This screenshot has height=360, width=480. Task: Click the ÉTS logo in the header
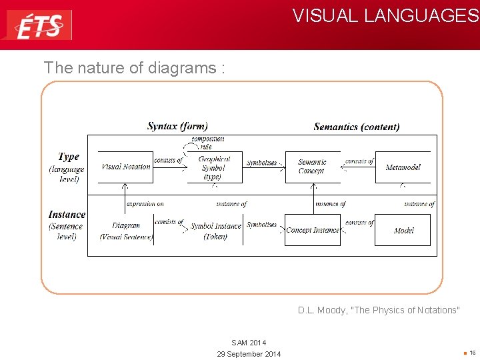click(x=39, y=25)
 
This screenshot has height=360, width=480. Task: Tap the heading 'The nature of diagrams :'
click(x=129, y=67)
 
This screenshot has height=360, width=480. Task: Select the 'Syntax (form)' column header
click(x=177, y=126)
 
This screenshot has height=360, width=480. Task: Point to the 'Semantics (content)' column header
click(x=357, y=127)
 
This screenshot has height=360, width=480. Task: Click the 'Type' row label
click(x=68, y=157)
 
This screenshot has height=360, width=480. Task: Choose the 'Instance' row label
click(x=67, y=215)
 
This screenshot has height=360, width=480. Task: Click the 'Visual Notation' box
click(x=125, y=167)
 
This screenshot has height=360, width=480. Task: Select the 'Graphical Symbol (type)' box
click(x=213, y=168)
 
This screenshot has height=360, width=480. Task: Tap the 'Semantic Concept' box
click(x=312, y=167)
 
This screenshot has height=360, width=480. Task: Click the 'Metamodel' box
click(x=403, y=167)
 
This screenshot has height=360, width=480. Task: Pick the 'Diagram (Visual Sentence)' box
click(x=126, y=231)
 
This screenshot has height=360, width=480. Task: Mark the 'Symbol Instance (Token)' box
click(x=215, y=231)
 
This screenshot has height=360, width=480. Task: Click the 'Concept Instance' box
click(x=313, y=230)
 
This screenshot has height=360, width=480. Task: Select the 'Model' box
click(x=403, y=230)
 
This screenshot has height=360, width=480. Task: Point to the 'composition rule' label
click(x=207, y=143)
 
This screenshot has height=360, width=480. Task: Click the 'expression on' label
click(x=145, y=204)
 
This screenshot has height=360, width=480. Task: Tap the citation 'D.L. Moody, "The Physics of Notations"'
click(x=379, y=310)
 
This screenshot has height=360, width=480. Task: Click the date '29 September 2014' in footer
click(x=249, y=354)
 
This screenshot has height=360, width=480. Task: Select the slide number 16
click(x=472, y=353)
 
